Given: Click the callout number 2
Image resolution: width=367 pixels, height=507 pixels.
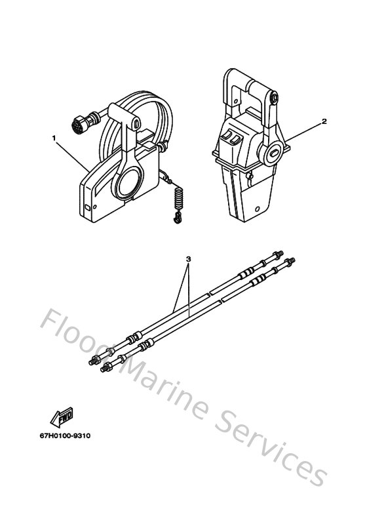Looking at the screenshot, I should coord(305,122).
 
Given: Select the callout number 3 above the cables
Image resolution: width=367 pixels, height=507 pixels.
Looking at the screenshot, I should coord(189,258).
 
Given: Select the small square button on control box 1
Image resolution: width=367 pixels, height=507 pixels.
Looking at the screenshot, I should coord(87,209).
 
